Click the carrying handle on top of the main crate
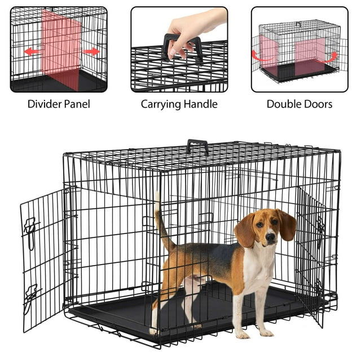pos(197,146)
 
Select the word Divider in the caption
pos(43,104)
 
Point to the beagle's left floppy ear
pos(245,230)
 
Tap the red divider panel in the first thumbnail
pos(62,48)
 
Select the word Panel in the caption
pos(77,104)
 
